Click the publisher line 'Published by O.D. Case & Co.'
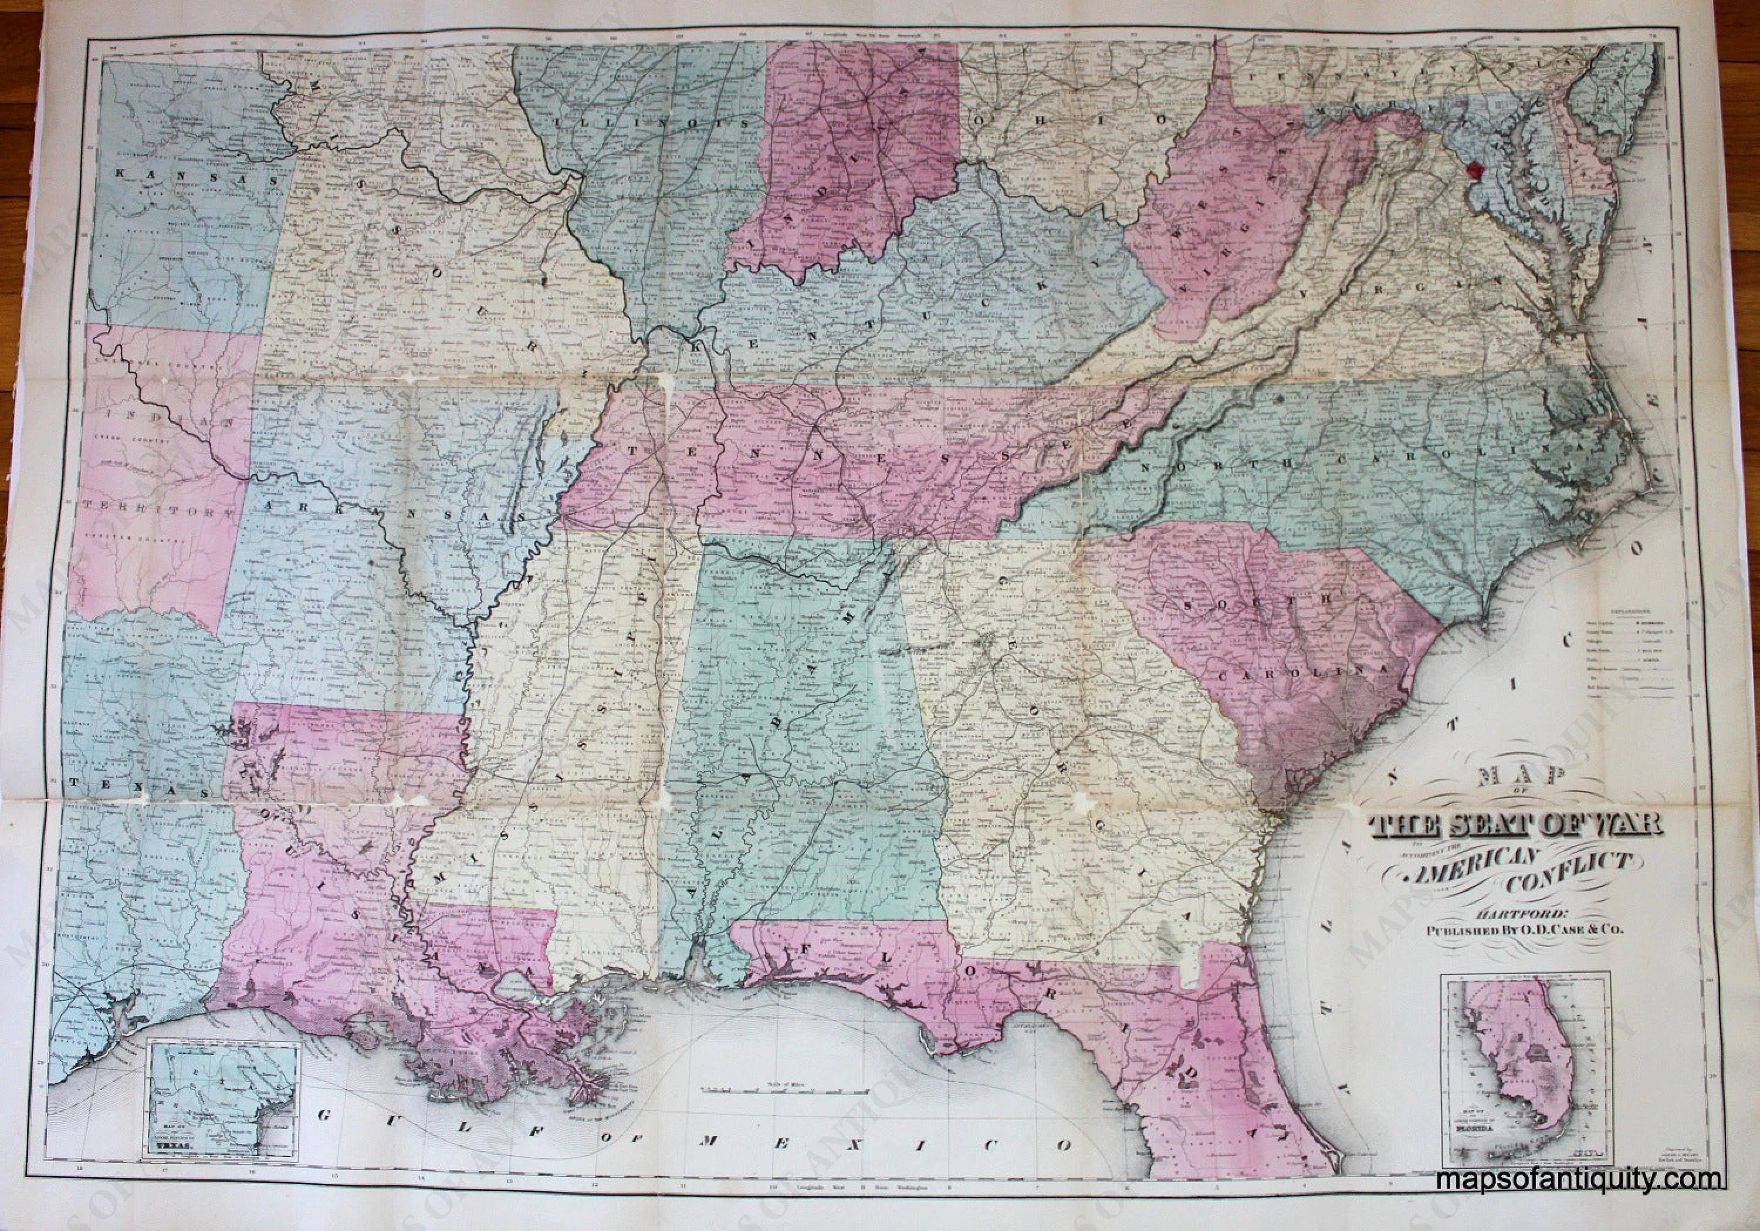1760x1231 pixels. [1505, 953]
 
